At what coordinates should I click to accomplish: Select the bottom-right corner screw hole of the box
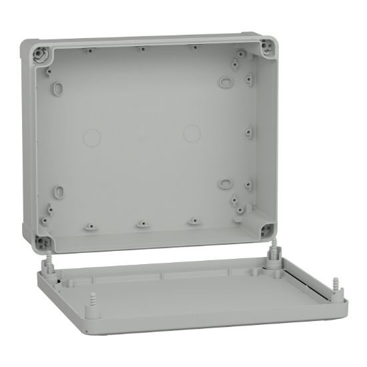click(x=267, y=232)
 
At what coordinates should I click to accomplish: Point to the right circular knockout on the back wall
click(x=192, y=132)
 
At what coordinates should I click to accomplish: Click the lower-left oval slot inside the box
click(x=59, y=193)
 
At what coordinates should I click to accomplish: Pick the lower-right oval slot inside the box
click(x=225, y=182)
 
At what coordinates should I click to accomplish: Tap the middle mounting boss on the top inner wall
click(x=142, y=49)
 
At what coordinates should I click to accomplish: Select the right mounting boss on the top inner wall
click(x=193, y=47)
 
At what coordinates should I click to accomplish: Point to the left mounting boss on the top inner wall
click(x=89, y=49)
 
